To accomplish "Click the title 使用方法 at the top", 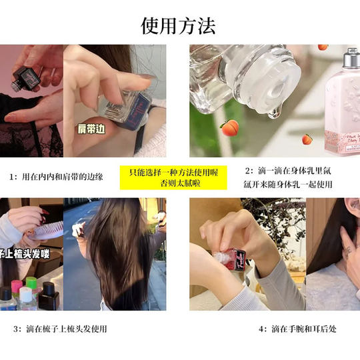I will pyautogui.click(x=179, y=25).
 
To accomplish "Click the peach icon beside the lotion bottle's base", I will pyautogui.click(x=307, y=139).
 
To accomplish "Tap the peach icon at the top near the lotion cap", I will pyautogui.click(x=323, y=47).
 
